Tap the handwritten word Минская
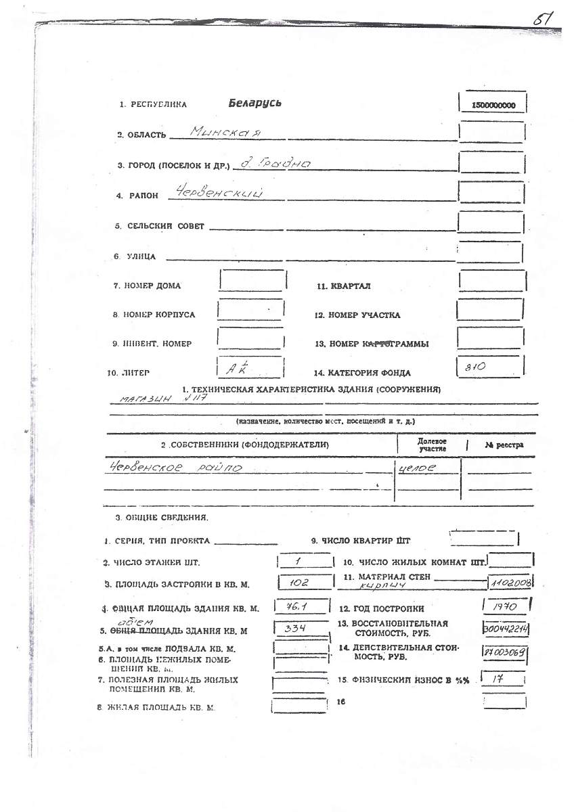(x=217, y=131)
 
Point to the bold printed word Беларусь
(x=255, y=104)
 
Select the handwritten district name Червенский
(x=215, y=193)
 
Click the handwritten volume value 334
(x=296, y=629)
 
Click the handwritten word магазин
(x=141, y=400)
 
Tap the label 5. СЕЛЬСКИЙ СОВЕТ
(x=159, y=226)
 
